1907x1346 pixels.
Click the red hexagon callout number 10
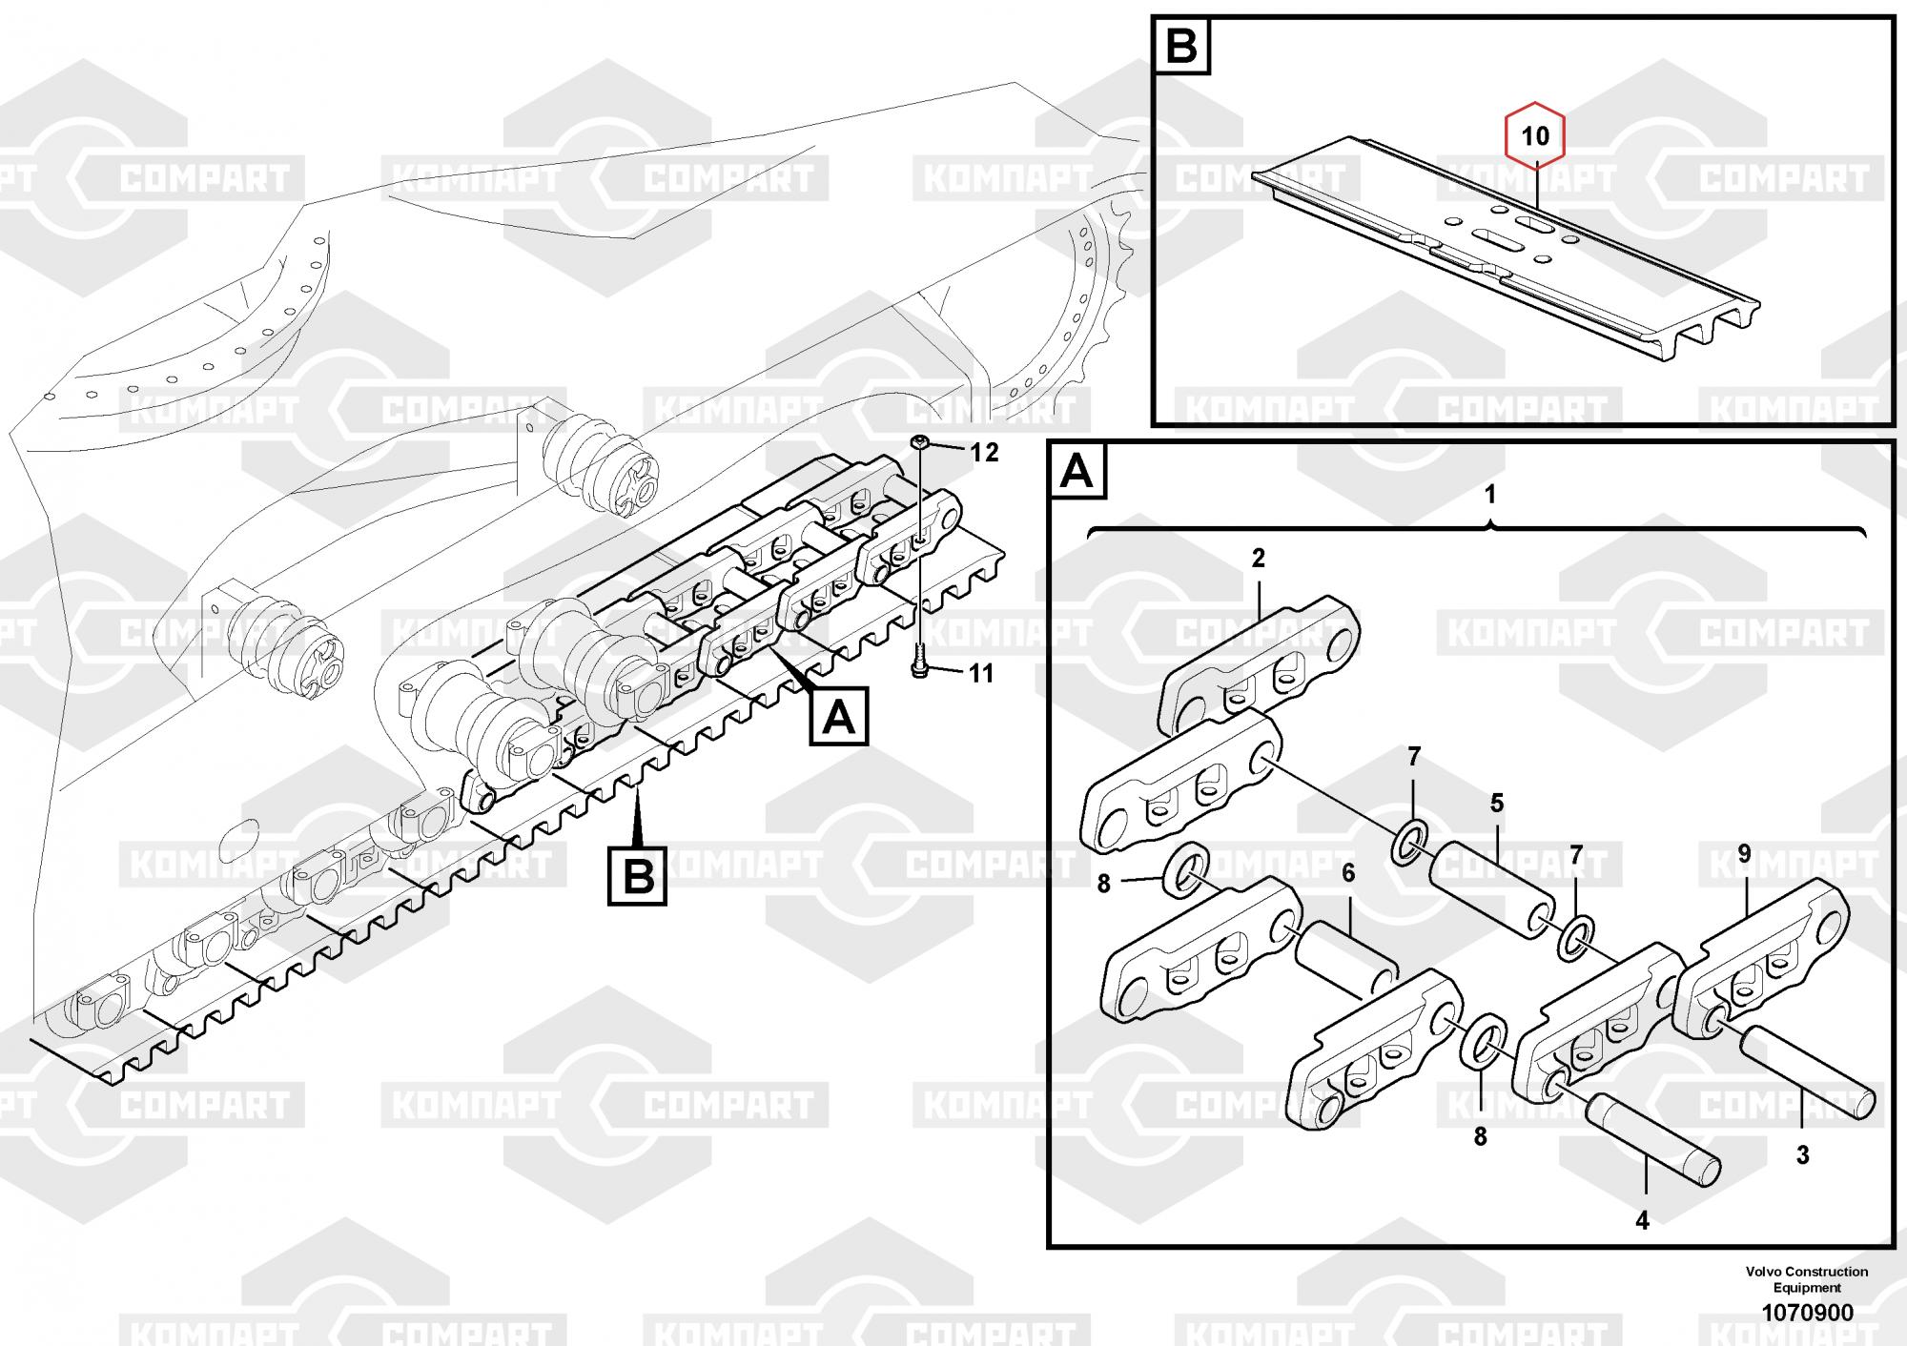(x=1535, y=136)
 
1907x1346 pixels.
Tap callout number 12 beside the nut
(x=984, y=452)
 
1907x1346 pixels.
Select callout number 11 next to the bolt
(x=980, y=674)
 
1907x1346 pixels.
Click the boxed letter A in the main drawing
(x=839, y=716)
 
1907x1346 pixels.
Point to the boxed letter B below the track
(x=638, y=875)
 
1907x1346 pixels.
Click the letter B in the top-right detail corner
(x=1181, y=45)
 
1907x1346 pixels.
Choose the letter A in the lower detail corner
(x=1077, y=470)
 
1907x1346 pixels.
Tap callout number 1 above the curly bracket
(x=1490, y=495)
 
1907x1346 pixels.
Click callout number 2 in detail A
(x=1259, y=560)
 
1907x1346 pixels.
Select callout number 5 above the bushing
(x=1497, y=803)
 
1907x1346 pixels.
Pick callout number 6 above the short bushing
(x=1348, y=872)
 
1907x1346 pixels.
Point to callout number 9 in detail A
(x=1745, y=854)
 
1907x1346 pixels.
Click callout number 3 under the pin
(x=1803, y=1155)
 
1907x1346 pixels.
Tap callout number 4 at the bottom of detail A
(x=1642, y=1219)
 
